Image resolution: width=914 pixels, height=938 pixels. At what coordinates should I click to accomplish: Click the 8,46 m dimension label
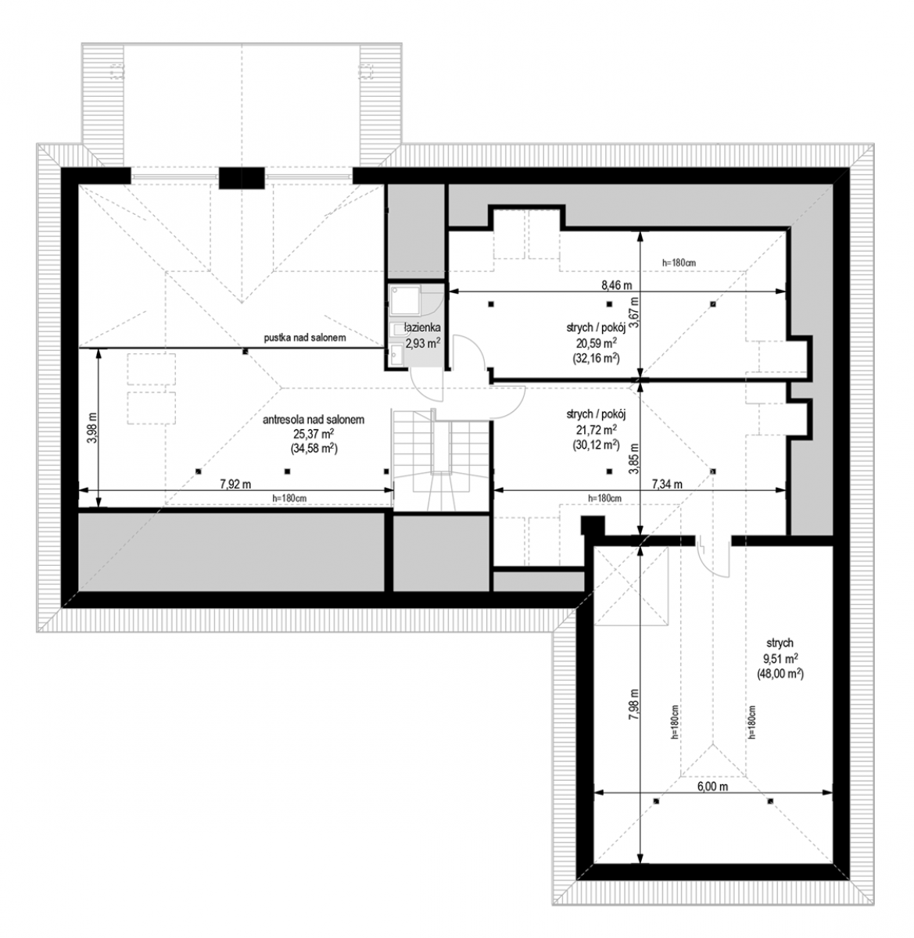pyautogui.click(x=616, y=285)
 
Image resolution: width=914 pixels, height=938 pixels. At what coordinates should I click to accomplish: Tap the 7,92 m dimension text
pyautogui.click(x=235, y=485)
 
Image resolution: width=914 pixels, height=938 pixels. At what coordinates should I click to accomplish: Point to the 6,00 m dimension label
pyautogui.click(x=712, y=786)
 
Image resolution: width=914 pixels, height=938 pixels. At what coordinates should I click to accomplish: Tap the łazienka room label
pyautogui.click(x=423, y=328)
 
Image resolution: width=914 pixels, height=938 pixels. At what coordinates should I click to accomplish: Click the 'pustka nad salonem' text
pyautogui.click(x=305, y=338)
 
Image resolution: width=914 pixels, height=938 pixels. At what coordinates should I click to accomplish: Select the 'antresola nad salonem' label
pyautogui.click(x=314, y=419)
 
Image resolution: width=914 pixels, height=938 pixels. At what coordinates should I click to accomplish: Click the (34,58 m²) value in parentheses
pyautogui.click(x=314, y=449)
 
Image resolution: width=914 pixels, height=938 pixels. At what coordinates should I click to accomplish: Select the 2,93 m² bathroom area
pyautogui.click(x=423, y=343)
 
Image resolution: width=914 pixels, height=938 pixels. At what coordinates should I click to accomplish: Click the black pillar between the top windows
pyautogui.click(x=242, y=178)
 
